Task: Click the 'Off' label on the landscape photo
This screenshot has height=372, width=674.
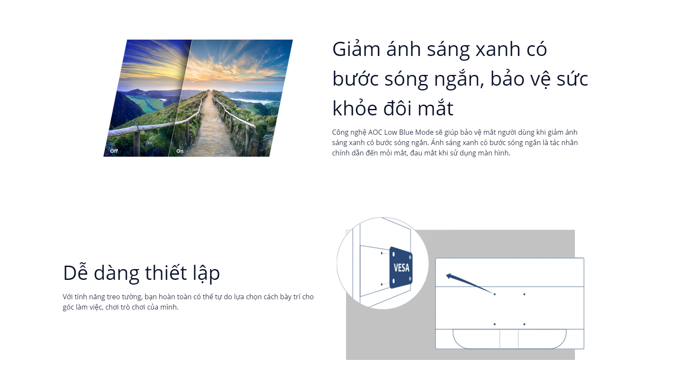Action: pos(114,151)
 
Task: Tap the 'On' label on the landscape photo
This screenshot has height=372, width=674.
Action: pos(180,151)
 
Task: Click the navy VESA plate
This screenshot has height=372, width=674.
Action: pos(401,267)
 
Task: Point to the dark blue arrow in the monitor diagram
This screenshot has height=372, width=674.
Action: pos(469,283)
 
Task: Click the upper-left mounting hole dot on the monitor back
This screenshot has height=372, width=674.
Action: pos(495,294)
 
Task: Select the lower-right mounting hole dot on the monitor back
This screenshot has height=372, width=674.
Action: pos(524,324)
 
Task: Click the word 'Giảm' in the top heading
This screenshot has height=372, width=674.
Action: pos(356,50)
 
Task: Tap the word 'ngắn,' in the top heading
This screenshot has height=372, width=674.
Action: pos(459,79)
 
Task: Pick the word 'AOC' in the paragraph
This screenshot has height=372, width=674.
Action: pos(375,132)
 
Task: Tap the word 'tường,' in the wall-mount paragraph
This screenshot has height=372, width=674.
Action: pos(132,297)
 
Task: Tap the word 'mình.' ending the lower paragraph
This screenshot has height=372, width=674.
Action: pos(169,307)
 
